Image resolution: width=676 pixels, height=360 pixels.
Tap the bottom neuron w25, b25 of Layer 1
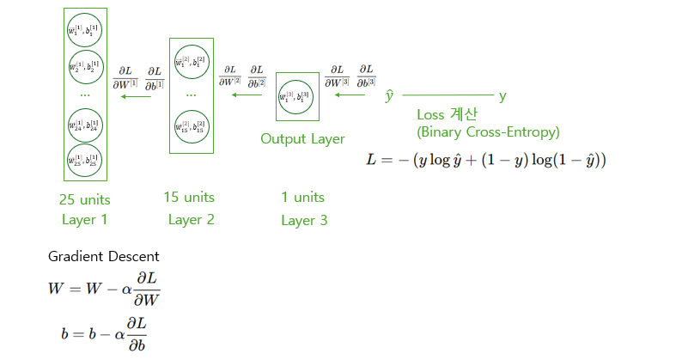point(84,158)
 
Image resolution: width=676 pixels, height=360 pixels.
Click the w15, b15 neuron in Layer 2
point(191,126)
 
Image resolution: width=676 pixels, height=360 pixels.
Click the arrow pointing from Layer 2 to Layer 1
point(136,96)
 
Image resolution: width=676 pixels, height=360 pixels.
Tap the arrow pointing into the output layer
point(350,96)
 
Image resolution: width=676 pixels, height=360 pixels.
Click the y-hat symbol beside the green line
point(389,95)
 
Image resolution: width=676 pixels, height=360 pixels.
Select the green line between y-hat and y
point(448,95)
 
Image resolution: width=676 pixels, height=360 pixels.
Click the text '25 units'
point(84,199)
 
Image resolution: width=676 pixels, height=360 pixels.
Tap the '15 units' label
point(189,198)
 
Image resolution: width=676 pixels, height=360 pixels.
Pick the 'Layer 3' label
point(304,221)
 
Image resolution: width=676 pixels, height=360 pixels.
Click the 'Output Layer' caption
point(302,138)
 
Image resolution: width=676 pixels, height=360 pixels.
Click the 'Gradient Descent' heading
point(104,256)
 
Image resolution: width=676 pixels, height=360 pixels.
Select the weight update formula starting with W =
point(104,289)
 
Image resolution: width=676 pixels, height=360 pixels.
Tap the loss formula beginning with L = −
point(486,161)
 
